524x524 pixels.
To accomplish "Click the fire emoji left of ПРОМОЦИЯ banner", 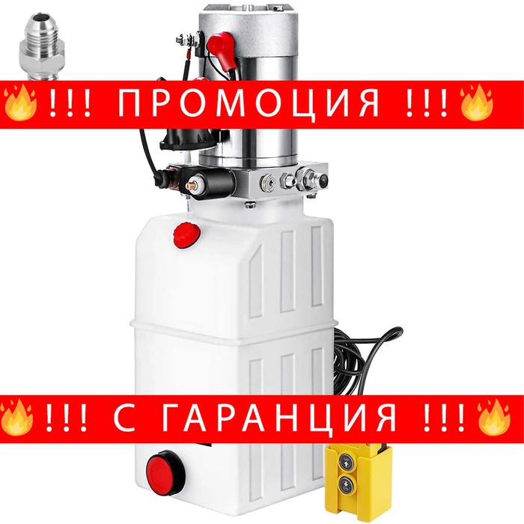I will [x=20, y=104].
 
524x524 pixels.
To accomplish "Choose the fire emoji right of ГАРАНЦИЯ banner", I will [x=495, y=417].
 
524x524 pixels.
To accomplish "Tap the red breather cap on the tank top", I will [x=185, y=234].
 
